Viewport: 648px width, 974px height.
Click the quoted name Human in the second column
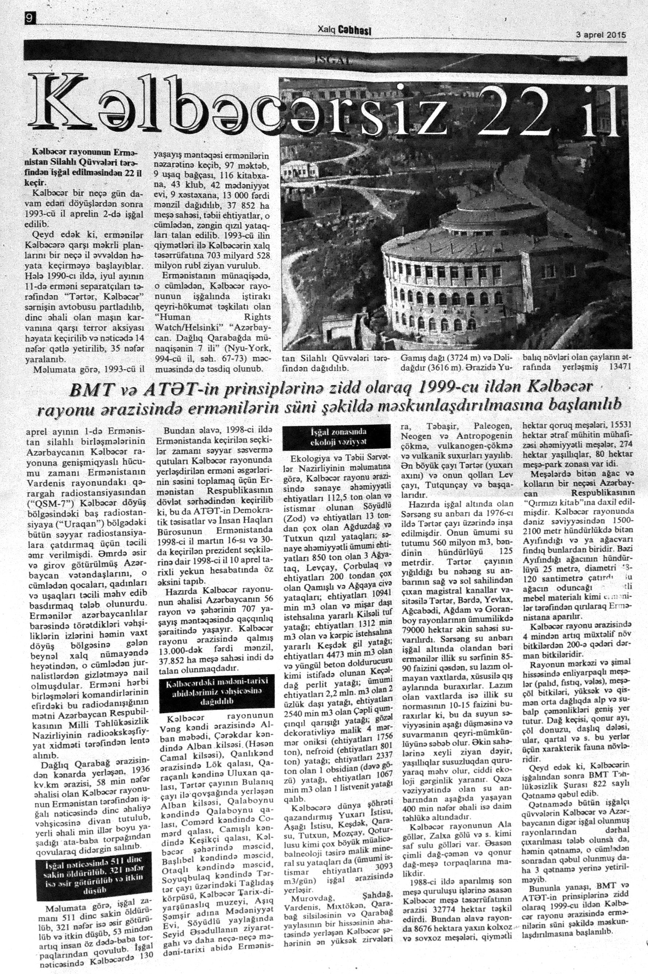point(173,317)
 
